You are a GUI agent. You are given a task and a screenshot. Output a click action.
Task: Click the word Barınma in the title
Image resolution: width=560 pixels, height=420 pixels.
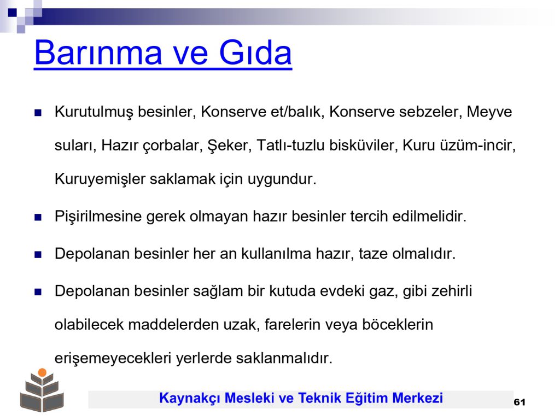(98, 52)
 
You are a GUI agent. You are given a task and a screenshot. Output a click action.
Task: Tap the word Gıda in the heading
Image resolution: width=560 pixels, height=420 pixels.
(255, 52)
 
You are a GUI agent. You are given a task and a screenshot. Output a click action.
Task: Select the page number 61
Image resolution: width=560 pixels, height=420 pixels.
(520, 402)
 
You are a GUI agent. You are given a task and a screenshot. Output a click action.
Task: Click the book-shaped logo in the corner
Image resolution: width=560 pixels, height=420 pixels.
(42, 390)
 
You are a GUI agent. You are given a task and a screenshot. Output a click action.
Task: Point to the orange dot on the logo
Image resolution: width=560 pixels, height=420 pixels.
(42, 372)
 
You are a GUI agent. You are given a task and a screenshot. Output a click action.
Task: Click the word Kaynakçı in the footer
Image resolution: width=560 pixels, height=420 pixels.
(190, 398)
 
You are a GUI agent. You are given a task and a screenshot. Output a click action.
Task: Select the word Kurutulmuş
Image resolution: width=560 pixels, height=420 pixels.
(94, 112)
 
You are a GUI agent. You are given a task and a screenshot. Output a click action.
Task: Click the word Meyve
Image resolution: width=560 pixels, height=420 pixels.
(489, 112)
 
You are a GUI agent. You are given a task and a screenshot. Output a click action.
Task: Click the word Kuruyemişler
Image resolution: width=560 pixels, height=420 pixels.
(100, 179)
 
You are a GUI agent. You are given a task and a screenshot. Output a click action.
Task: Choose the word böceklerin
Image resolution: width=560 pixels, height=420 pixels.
(398, 325)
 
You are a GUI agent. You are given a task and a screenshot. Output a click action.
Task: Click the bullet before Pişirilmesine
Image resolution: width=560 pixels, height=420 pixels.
(38, 217)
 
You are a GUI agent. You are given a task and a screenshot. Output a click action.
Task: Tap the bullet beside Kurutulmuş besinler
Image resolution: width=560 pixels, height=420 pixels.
(38, 113)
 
